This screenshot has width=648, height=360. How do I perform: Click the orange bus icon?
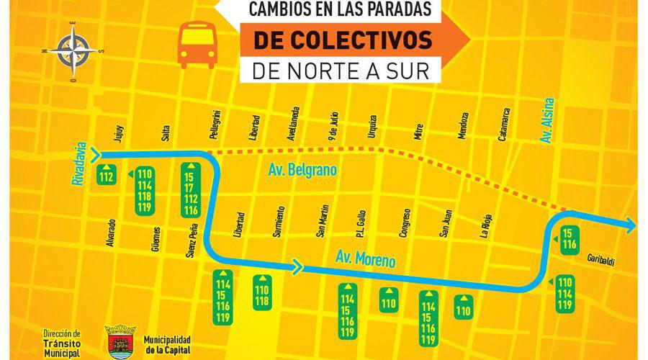tap(197, 45)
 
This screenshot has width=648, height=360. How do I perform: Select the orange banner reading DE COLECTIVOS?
tap(343, 40)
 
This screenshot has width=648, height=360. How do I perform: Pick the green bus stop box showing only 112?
tap(107, 177)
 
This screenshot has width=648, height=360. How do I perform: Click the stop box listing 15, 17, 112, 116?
tap(190, 190)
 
